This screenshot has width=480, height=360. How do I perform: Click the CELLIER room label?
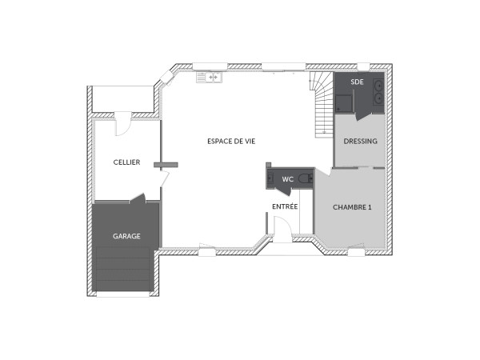click(126, 162)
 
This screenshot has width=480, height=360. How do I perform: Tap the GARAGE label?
click(126, 236)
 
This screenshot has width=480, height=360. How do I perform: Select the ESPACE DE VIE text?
click(231, 141)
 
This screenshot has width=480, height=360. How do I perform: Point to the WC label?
click(287, 179)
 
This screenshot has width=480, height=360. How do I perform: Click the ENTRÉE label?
click(285, 206)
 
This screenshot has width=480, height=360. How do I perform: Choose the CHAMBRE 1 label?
click(352, 206)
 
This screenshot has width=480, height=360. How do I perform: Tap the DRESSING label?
click(360, 142)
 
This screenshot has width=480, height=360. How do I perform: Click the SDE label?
click(357, 82)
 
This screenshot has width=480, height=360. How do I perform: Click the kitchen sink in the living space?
click(213, 78)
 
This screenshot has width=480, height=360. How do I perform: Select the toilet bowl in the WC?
click(305, 179)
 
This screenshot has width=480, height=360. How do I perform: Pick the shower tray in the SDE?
click(343, 102)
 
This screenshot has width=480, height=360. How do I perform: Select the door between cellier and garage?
click(138, 198)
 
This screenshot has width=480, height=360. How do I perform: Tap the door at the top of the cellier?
click(122, 125)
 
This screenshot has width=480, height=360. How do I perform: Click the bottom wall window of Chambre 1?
click(355, 251)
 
